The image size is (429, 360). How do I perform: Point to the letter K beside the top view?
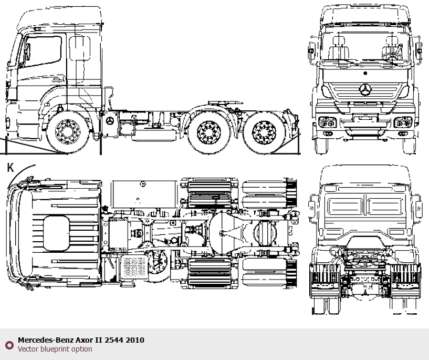[10, 168]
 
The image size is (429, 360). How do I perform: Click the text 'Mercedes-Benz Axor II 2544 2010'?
[81, 340]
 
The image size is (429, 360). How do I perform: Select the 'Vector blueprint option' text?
[55, 349]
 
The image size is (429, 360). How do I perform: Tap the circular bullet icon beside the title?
[9, 345]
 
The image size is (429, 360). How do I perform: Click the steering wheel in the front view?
[392, 54]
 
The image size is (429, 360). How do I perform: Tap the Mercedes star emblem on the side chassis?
[110, 121]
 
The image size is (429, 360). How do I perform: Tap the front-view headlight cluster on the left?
[329, 124]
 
